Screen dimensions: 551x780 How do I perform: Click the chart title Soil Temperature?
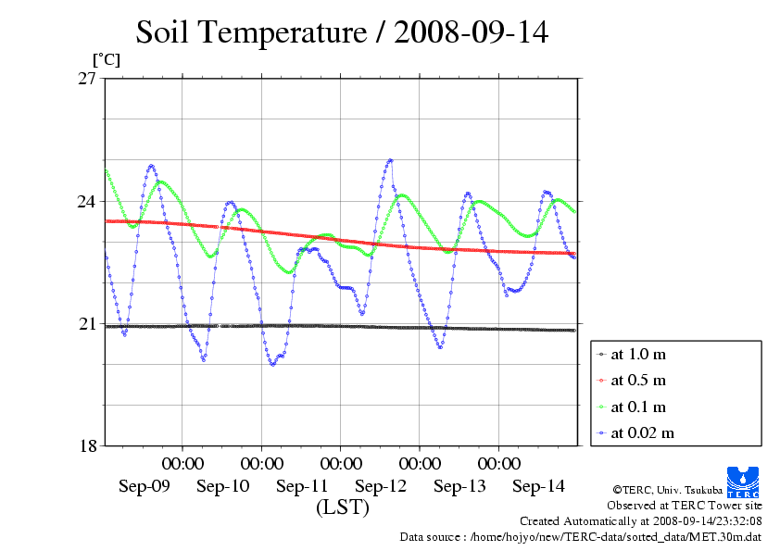[342, 33]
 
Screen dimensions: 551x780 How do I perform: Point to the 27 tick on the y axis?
[88, 79]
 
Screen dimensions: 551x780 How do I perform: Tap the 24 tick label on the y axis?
[88, 201]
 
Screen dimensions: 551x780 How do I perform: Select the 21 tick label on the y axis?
[88, 323]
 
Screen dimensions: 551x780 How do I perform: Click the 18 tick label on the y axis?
[88, 445]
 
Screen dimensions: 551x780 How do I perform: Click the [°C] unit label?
[105, 59]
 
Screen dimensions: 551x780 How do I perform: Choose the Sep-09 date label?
[145, 486]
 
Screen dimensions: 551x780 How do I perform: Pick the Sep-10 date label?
[223, 486]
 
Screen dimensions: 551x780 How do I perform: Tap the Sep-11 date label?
[302, 486]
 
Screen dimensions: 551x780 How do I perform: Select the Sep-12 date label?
[381, 486]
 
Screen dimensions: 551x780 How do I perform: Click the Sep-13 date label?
[459, 486]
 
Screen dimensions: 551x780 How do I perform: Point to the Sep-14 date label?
[538, 486]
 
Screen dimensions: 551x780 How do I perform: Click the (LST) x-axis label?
[342, 507]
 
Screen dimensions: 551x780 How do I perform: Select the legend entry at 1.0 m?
[639, 355]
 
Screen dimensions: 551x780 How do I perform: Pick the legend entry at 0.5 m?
[639, 381]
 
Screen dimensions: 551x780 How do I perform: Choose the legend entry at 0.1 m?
[639, 407]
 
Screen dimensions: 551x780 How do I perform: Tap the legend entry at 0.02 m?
[643, 432]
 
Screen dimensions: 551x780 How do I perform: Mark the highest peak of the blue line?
[390, 160]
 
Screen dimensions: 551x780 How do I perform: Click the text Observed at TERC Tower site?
[685, 506]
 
